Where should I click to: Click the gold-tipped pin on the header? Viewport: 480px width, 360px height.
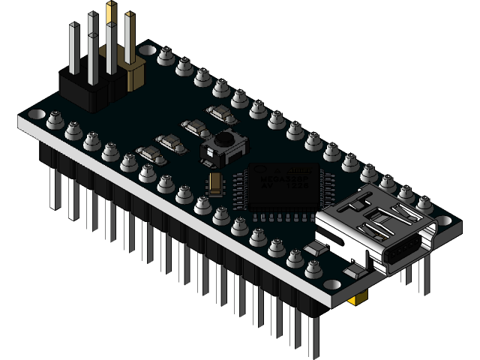pos(111,10)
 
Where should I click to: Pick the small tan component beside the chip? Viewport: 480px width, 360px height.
pos(216,182)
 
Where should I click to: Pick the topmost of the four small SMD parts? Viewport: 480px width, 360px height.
pos(221,112)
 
